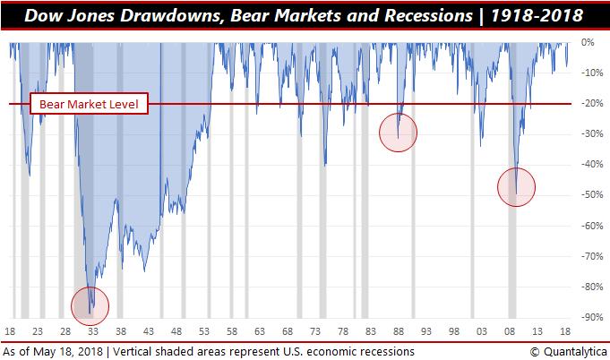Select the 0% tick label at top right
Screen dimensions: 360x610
[x=588, y=42]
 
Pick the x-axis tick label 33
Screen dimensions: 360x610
[x=96, y=330]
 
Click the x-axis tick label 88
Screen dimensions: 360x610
[x=400, y=330]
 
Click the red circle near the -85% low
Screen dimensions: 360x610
[x=90, y=306]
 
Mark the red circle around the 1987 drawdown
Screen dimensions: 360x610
[x=399, y=133]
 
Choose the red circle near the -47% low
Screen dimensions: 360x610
[x=516, y=187]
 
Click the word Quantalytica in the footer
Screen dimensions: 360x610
[x=571, y=350]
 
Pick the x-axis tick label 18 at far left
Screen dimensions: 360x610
[x=12, y=330]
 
